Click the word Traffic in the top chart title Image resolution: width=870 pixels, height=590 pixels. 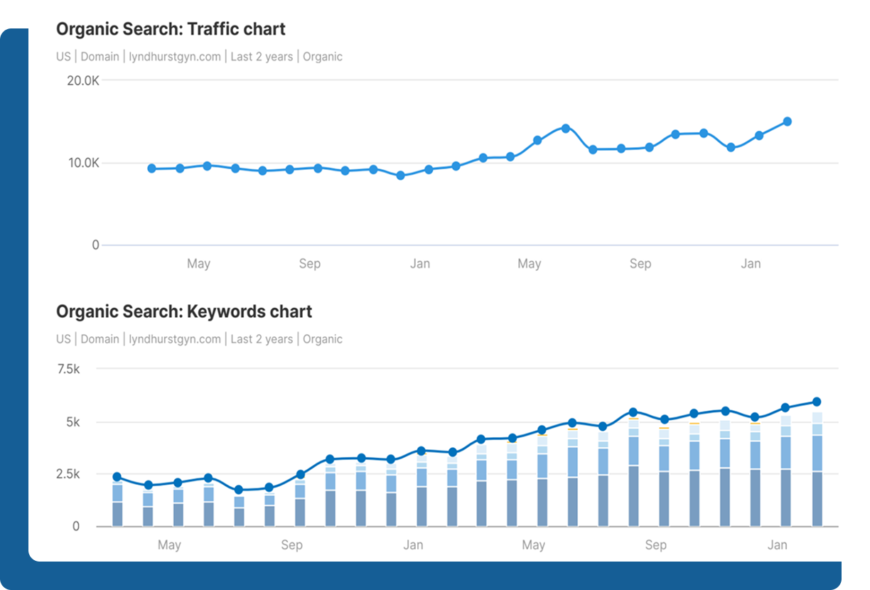click(213, 29)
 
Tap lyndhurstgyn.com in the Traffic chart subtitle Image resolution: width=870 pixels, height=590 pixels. click(175, 57)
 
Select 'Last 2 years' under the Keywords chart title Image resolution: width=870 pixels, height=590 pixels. click(262, 339)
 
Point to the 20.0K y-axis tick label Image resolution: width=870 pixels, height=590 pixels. click(83, 81)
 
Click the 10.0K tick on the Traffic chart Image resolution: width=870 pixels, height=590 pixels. click(84, 163)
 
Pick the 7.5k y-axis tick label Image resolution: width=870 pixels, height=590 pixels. click(68, 369)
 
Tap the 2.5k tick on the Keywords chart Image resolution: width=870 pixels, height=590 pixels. click(68, 474)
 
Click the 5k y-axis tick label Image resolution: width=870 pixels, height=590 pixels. click(73, 422)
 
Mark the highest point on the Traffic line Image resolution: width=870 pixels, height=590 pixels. click(788, 122)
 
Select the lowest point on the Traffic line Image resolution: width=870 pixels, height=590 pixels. click(401, 176)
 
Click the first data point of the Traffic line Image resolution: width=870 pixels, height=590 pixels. click(152, 168)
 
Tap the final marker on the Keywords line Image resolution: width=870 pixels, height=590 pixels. click(817, 402)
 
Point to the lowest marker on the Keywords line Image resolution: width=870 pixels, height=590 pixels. click(239, 490)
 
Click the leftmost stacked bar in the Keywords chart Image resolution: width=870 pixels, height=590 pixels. click(117, 504)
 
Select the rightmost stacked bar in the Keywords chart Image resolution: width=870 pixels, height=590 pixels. click(817, 469)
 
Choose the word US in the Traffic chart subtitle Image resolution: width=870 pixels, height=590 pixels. click(64, 57)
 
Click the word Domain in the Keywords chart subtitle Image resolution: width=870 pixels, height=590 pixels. click(100, 339)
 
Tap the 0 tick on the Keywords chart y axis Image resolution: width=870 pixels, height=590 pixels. click(76, 526)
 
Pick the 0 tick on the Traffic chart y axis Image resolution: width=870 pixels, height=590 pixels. click(95, 245)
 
